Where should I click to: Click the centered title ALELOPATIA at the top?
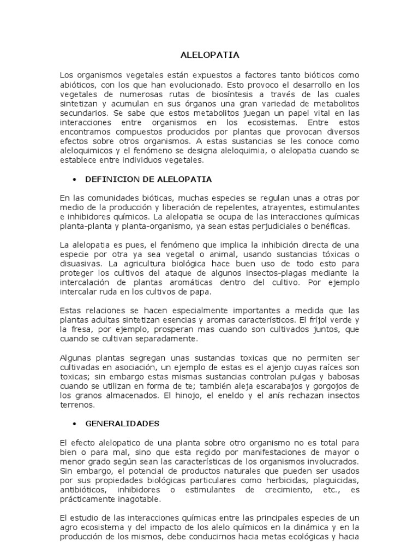click(209, 55)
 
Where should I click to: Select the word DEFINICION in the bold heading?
click(109, 179)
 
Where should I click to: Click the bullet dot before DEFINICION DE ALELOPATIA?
click(73, 179)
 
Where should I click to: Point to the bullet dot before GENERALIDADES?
click(73, 424)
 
